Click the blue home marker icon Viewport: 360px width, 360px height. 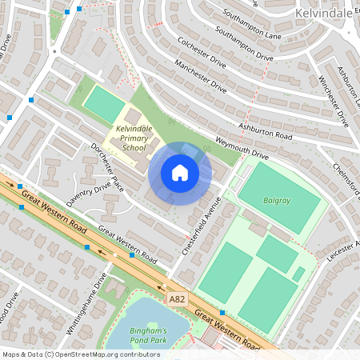180,173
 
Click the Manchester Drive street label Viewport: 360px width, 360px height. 202,77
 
